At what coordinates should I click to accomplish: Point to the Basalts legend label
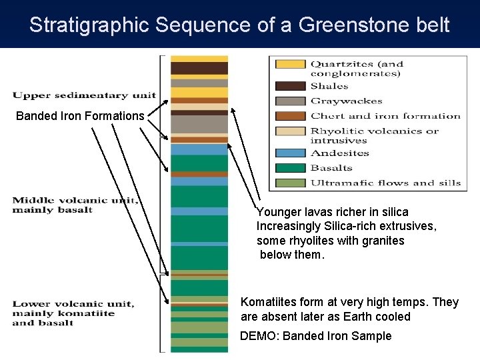(x=331, y=168)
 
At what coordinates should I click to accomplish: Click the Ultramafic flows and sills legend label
(x=385, y=183)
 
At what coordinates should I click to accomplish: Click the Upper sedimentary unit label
(x=84, y=95)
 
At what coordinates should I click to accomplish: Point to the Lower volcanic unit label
(x=73, y=313)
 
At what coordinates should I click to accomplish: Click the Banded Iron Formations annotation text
(x=80, y=116)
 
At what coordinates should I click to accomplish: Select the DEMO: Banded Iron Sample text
(x=315, y=336)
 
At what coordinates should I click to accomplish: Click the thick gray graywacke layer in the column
(x=199, y=124)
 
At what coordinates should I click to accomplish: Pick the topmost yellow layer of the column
(x=199, y=59)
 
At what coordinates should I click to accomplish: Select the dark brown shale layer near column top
(x=199, y=68)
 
